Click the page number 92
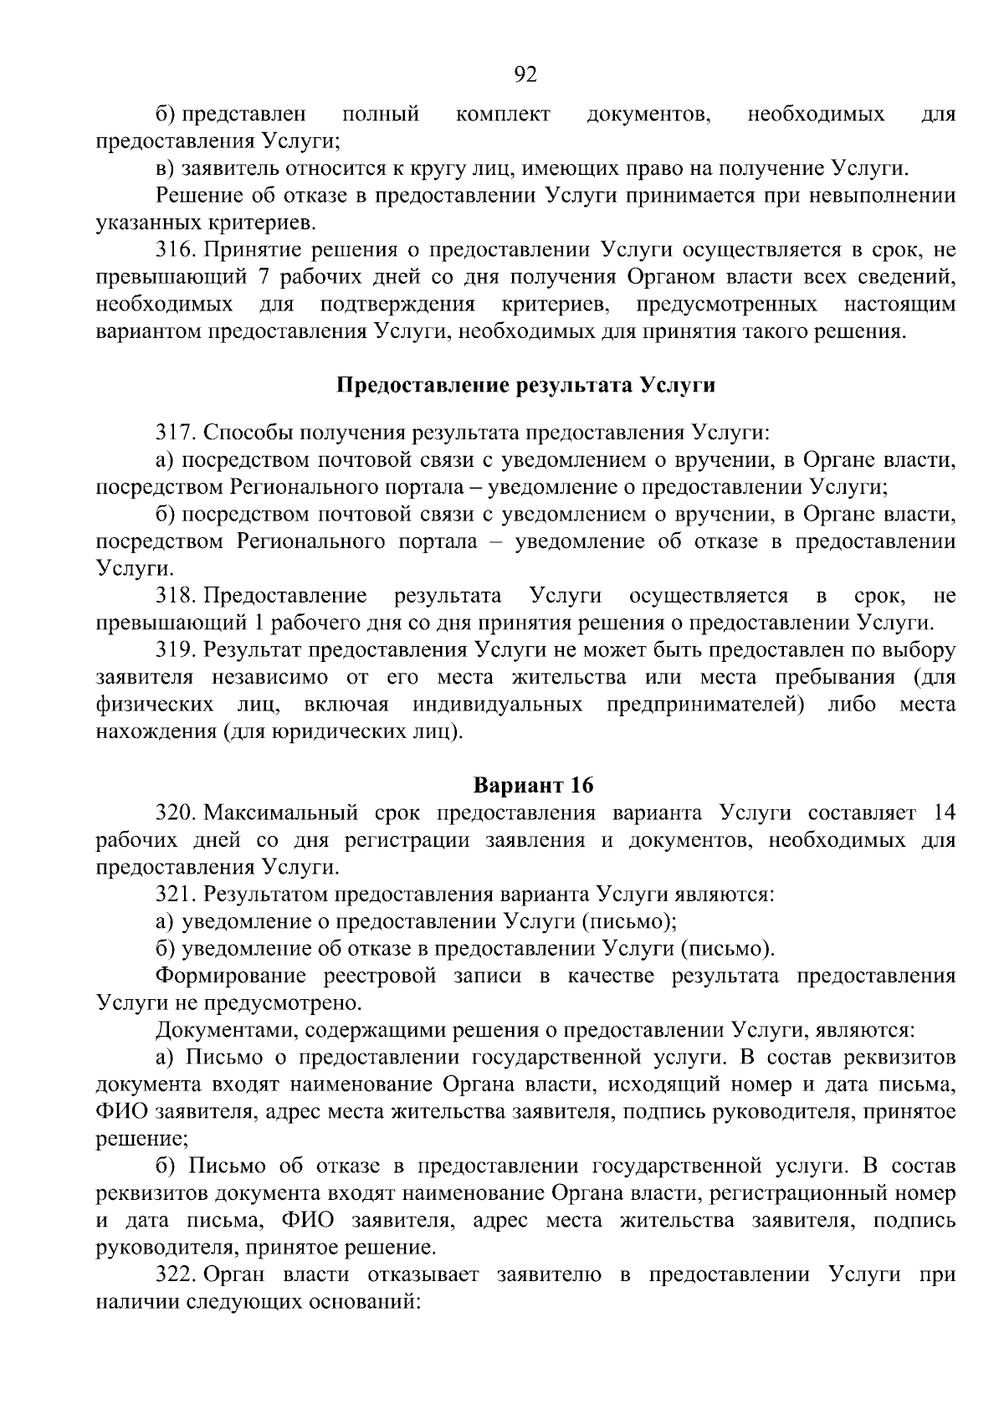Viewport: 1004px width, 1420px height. click(525, 76)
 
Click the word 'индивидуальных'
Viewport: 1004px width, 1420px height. click(498, 704)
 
